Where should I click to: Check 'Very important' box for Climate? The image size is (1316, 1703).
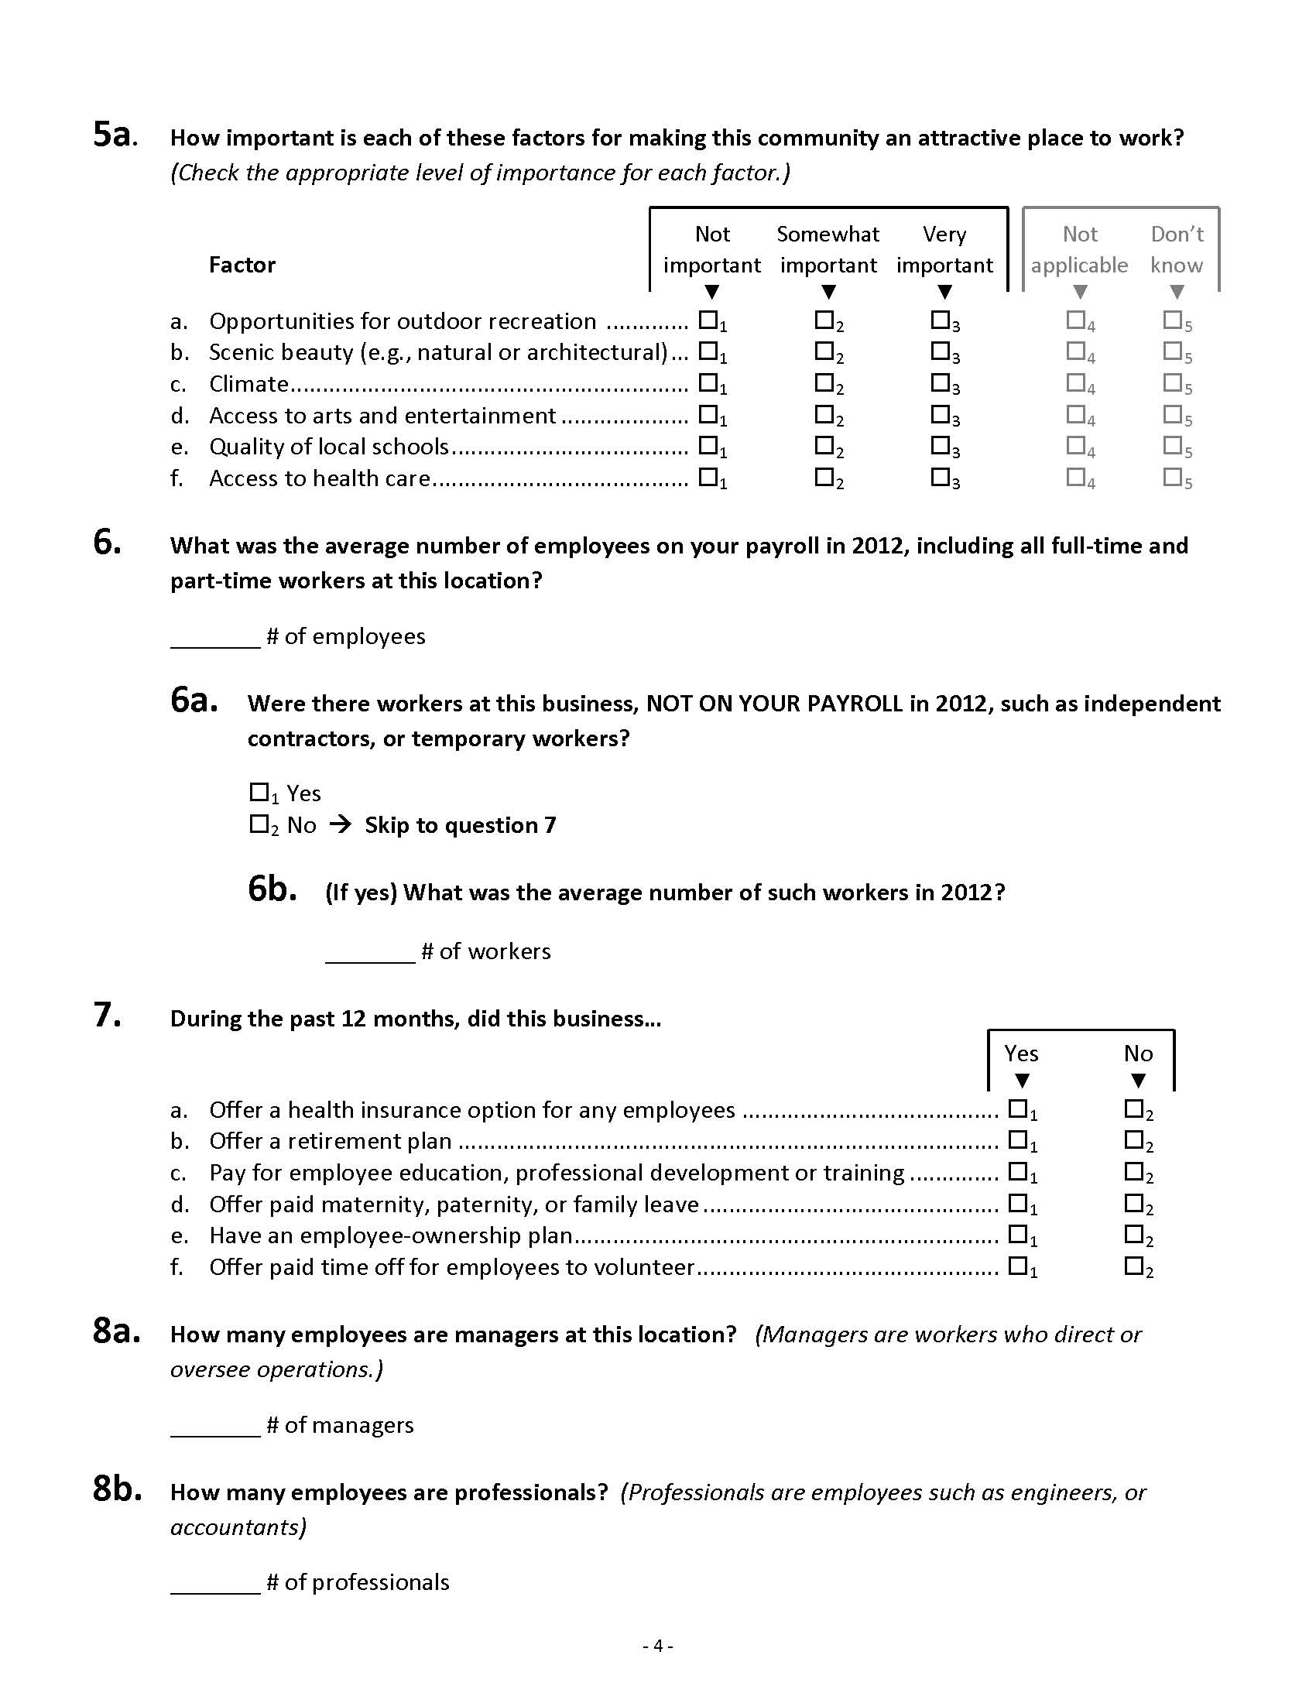pos(940,383)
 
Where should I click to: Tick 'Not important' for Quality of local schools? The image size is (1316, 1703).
pos(708,445)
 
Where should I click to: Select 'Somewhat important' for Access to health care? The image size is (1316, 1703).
pos(824,476)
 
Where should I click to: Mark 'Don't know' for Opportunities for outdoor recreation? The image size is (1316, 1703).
pos(1172,320)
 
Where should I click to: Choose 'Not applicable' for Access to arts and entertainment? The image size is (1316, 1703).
pos(1076,414)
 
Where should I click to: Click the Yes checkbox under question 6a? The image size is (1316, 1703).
pos(259,792)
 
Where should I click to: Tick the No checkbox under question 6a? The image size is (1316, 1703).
pos(259,824)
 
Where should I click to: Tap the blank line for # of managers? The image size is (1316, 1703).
pos(215,1427)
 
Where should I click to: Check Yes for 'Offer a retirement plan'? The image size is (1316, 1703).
pos(1017,1140)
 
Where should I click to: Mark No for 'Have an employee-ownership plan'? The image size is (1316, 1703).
pos(1133,1235)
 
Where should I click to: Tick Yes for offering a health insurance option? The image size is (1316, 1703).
pos(1017,1108)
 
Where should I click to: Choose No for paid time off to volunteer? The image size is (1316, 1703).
pos(1133,1266)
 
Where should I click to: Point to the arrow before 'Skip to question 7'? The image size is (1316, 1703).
pos(341,824)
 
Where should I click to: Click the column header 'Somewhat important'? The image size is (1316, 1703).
pos(828,249)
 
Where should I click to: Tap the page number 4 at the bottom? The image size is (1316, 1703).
pos(658,1646)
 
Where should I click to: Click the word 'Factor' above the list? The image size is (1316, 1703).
pos(242,265)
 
